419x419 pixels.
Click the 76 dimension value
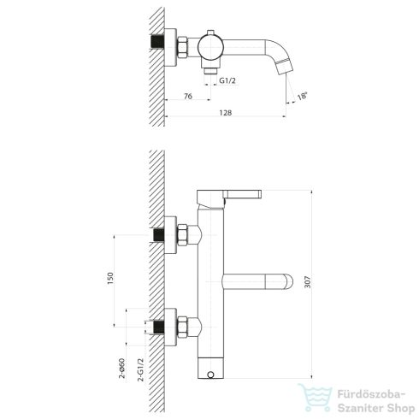[188, 97]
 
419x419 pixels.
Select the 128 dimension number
[226, 113]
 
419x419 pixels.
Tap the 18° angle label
[303, 96]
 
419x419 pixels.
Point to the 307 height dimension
[308, 281]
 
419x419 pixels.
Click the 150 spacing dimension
[110, 279]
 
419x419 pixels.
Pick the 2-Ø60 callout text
[122, 369]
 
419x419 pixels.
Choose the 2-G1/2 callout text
[141, 369]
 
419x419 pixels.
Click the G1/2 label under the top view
[227, 80]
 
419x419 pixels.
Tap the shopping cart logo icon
[316, 397]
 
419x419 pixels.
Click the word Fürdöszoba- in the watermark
[371, 395]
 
